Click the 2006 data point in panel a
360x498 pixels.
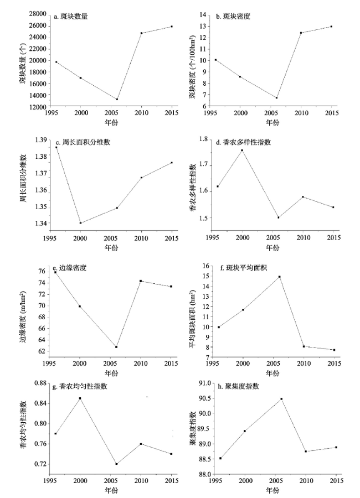[117, 100]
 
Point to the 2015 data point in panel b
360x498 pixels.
[332, 27]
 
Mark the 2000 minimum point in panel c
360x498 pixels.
[81, 223]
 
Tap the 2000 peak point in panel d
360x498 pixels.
[242, 151]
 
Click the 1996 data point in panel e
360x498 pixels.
[56, 272]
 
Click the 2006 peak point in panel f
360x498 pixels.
[279, 277]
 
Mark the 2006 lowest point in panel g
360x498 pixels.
[117, 464]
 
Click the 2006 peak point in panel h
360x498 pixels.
[281, 399]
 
